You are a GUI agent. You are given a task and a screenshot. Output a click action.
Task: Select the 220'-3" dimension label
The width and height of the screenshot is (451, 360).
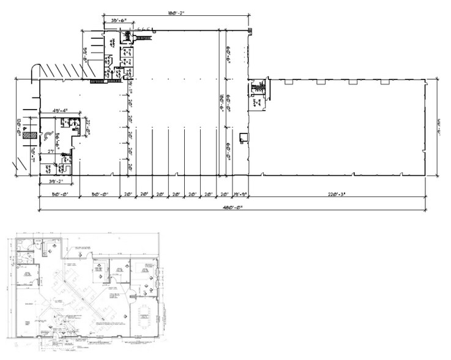pyautogui.click(x=337, y=195)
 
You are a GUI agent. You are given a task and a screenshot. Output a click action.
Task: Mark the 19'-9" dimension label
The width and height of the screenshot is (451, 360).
pyautogui.click(x=240, y=195)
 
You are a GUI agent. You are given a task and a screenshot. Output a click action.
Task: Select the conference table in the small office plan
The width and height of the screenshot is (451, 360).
pyautogui.click(x=144, y=317)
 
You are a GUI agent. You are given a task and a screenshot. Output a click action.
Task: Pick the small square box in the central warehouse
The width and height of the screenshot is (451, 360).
pyautogui.click(x=244, y=136)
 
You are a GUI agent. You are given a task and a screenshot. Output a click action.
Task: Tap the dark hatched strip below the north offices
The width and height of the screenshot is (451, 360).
pyautogui.click(x=99, y=81)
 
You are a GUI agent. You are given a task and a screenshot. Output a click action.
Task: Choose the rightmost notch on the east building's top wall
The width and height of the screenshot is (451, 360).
pyautogui.click(x=385, y=81)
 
